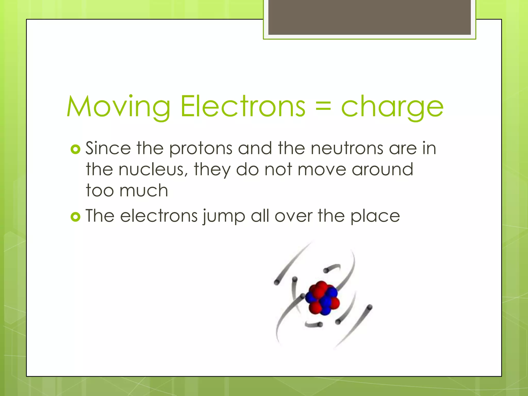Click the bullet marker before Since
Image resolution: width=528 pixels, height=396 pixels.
75,149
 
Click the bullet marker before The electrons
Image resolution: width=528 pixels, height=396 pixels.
75,217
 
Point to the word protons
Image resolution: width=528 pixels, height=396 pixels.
201,149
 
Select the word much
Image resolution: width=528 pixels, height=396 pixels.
144,191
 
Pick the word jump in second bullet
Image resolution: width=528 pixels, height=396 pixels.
224,217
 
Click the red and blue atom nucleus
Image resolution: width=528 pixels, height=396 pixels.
322,298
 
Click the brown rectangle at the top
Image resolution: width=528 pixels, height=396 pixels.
369,18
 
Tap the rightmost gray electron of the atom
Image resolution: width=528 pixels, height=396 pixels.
369,307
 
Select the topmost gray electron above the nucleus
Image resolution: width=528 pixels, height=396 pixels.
326,270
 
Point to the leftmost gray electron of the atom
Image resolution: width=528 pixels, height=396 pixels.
277,283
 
